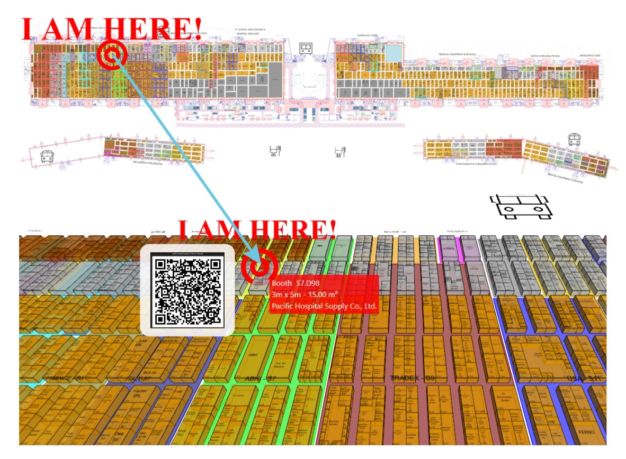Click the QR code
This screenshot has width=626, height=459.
186,290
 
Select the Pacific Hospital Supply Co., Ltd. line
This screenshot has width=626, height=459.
324,306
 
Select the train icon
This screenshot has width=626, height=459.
305,49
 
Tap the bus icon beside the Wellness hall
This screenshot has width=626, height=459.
47,157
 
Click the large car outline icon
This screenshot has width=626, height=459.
521,206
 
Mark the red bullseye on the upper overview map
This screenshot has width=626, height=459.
112,54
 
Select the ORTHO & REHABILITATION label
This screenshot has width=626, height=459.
545,56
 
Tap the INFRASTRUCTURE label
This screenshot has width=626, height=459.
590,54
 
